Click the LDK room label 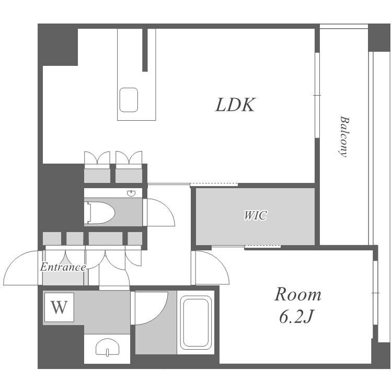235,105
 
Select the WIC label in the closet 255,215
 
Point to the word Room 298,294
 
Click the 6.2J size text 296,317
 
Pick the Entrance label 63,267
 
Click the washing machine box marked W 59,307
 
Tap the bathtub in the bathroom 196,322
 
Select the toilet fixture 99,213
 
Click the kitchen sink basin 129,100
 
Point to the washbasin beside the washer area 107,347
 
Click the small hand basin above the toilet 131,193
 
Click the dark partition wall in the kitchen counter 145,50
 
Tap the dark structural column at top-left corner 58,45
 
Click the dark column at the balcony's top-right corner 379,38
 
